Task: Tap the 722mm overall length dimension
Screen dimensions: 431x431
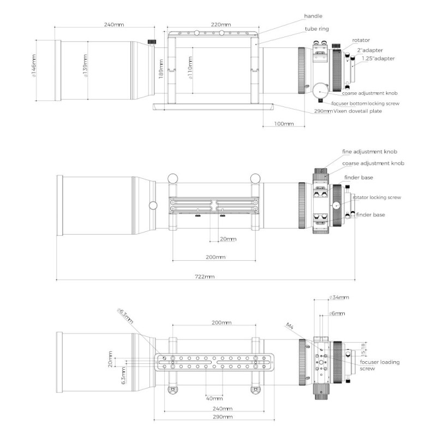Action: pos(205,277)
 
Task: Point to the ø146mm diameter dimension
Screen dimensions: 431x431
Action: pos(33,70)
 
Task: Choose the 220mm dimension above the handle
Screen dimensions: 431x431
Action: pos(220,25)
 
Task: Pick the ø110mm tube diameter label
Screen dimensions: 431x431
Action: pos(190,70)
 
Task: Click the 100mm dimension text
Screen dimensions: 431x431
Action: pos(283,124)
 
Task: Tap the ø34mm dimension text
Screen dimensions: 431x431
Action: pos(340,297)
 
